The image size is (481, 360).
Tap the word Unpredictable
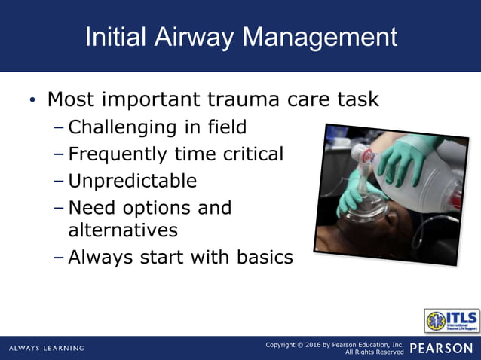[132, 181]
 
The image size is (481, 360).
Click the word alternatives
[123, 230]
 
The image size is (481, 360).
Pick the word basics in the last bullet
[259, 257]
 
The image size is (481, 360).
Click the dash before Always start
[59, 258]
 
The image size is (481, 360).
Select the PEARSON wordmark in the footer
[441, 348]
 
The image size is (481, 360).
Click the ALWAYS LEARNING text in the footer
[47, 348]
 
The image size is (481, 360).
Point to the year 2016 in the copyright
[315, 344]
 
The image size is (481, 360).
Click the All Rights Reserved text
[374, 352]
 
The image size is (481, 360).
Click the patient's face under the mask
[354, 233]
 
